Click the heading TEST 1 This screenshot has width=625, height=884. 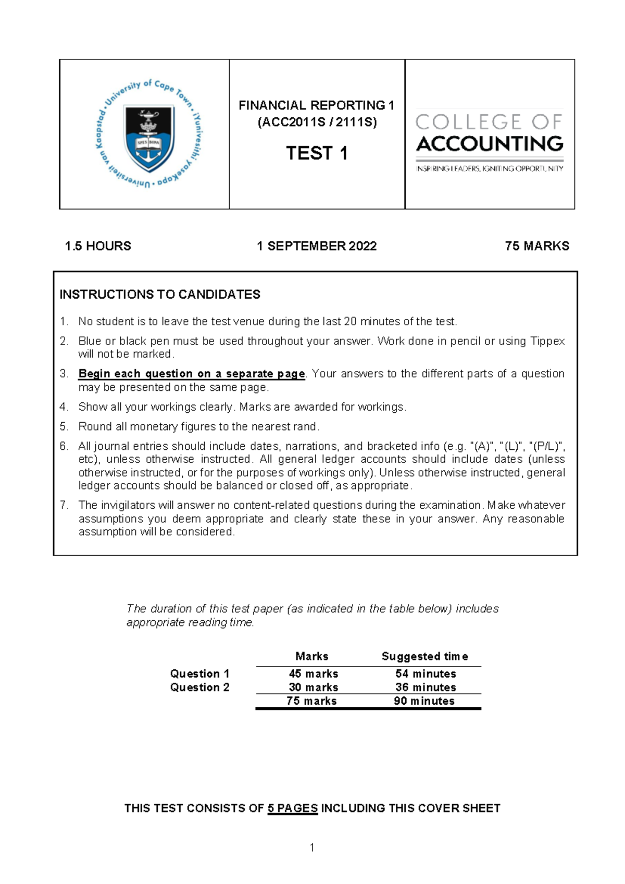click(317, 153)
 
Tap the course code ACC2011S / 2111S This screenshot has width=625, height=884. click(317, 122)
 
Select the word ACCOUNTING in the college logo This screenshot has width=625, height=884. click(490, 144)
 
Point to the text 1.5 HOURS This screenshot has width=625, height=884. click(97, 246)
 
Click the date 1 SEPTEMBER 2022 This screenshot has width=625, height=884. click(317, 246)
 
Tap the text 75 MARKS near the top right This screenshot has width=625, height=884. click(537, 246)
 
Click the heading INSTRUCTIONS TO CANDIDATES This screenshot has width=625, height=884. click(160, 294)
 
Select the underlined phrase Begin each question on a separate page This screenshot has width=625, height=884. click(192, 374)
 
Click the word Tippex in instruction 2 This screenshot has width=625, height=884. click(547, 341)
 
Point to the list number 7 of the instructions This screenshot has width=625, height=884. click(64, 505)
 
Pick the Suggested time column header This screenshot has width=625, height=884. click(424, 656)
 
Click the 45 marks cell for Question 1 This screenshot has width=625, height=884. click(314, 674)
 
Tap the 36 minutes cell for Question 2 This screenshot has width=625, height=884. click(426, 687)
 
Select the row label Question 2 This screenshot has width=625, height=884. click(199, 687)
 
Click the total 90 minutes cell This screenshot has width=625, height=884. click(424, 701)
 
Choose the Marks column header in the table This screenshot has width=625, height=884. click(312, 656)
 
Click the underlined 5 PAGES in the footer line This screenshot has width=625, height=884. click(292, 808)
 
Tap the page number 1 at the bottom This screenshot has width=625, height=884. click(312, 848)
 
